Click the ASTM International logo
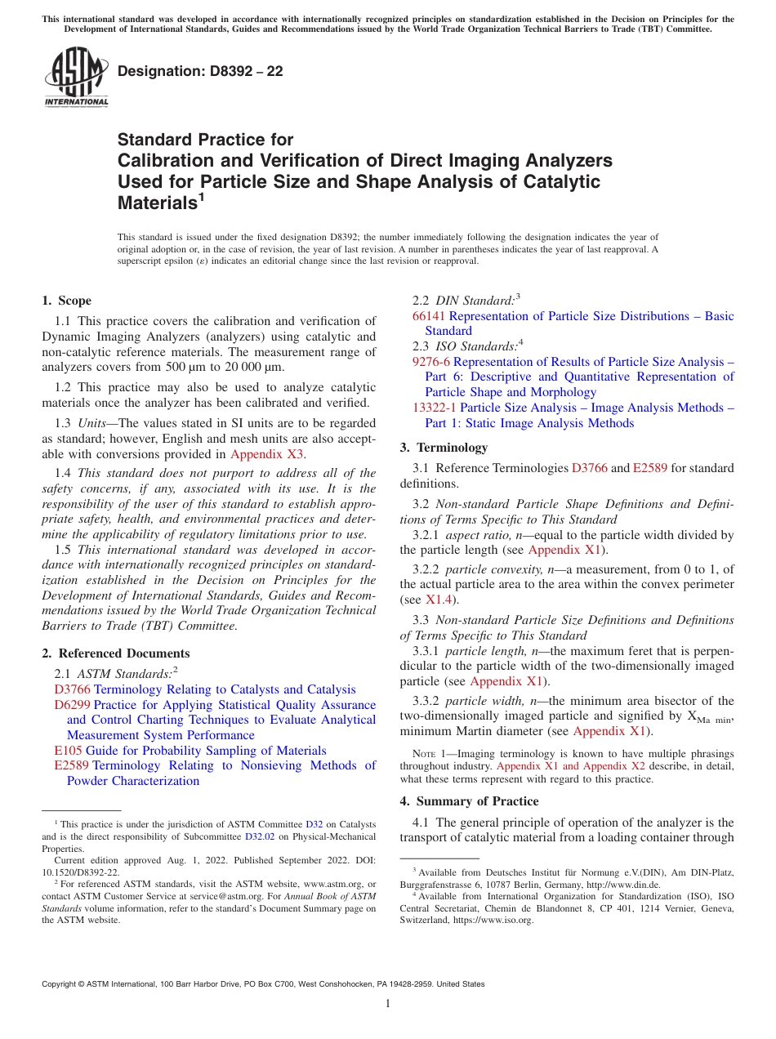point(76,78)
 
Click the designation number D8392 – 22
point(200,71)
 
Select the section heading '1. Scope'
point(67,301)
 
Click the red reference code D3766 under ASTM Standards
point(72,690)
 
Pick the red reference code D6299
point(72,705)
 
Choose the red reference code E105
point(68,751)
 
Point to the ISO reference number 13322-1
point(435,408)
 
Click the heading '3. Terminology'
point(444,448)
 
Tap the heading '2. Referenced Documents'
point(116,653)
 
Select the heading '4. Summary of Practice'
point(469,801)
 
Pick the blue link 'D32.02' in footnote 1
point(261,836)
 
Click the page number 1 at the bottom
point(388,1003)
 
